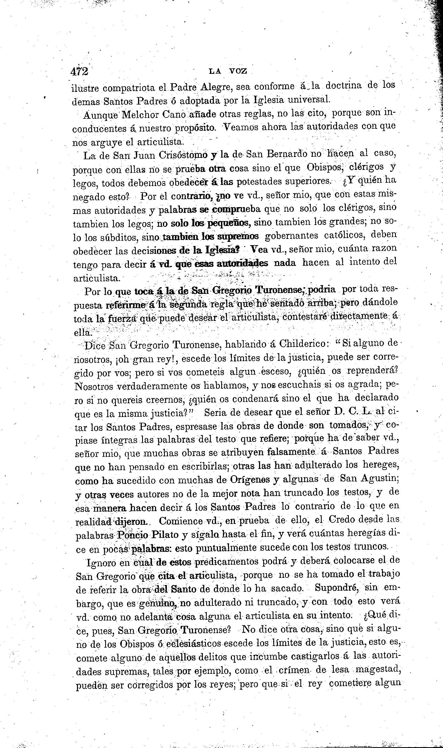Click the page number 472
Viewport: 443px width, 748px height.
pos(80,72)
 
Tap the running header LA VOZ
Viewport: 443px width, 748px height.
pos(228,71)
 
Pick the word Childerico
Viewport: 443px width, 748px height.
pos(304,344)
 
